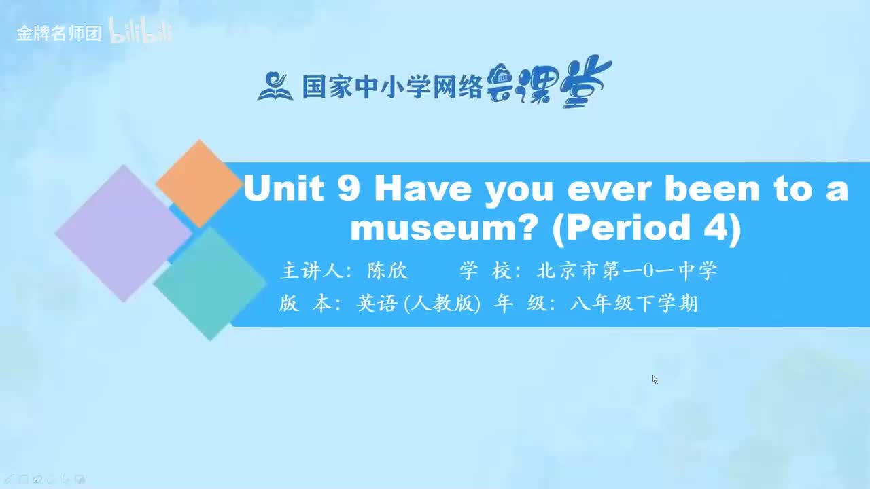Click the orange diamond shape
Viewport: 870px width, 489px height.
198,183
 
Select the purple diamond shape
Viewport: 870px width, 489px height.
123,233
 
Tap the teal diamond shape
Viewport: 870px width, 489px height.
210,283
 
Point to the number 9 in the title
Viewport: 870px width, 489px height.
348,189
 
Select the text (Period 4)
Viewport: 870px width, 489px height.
646,229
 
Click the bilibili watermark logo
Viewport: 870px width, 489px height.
141,33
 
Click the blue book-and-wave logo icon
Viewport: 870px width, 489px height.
275,86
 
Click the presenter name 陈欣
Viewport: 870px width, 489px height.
387,272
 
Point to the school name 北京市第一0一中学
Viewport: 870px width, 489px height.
627,272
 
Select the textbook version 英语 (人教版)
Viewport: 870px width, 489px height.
418,304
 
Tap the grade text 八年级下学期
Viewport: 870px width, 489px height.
633,304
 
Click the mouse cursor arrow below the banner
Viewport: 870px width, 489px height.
655,379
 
